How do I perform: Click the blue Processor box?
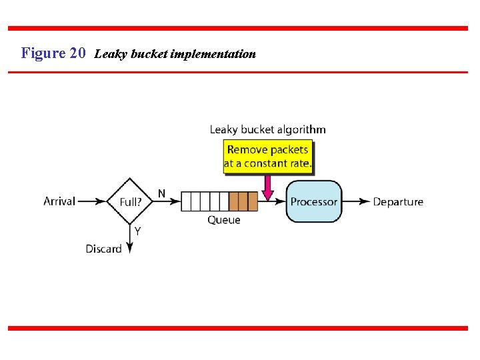click(314, 201)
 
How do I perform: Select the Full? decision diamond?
click(130, 201)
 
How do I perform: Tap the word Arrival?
click(59, 201)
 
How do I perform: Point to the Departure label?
click(398, 201)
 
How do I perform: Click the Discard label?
click(103, 249)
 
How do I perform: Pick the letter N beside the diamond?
click(161, 193)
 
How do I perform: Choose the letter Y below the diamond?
click(137, 231)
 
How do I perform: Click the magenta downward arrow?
click(267, 187)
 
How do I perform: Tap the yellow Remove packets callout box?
click(267, 157)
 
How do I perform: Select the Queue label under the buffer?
click(224, 220)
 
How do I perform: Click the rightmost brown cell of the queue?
click(253, 201)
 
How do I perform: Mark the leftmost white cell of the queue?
click(186, 201)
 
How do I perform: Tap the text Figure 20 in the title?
click(53, 53)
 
